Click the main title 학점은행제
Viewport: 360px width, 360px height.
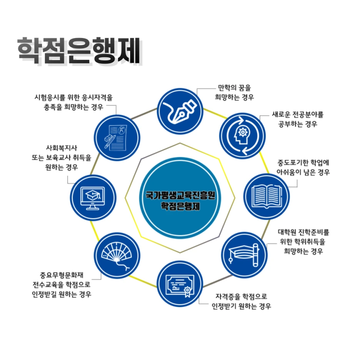click(x=78, y=50)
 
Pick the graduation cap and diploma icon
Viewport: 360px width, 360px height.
click(x=245, y=254)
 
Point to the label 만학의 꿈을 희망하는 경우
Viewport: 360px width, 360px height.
click(x=234, y=93)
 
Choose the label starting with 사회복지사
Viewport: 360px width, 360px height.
click(x=62, y=157)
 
